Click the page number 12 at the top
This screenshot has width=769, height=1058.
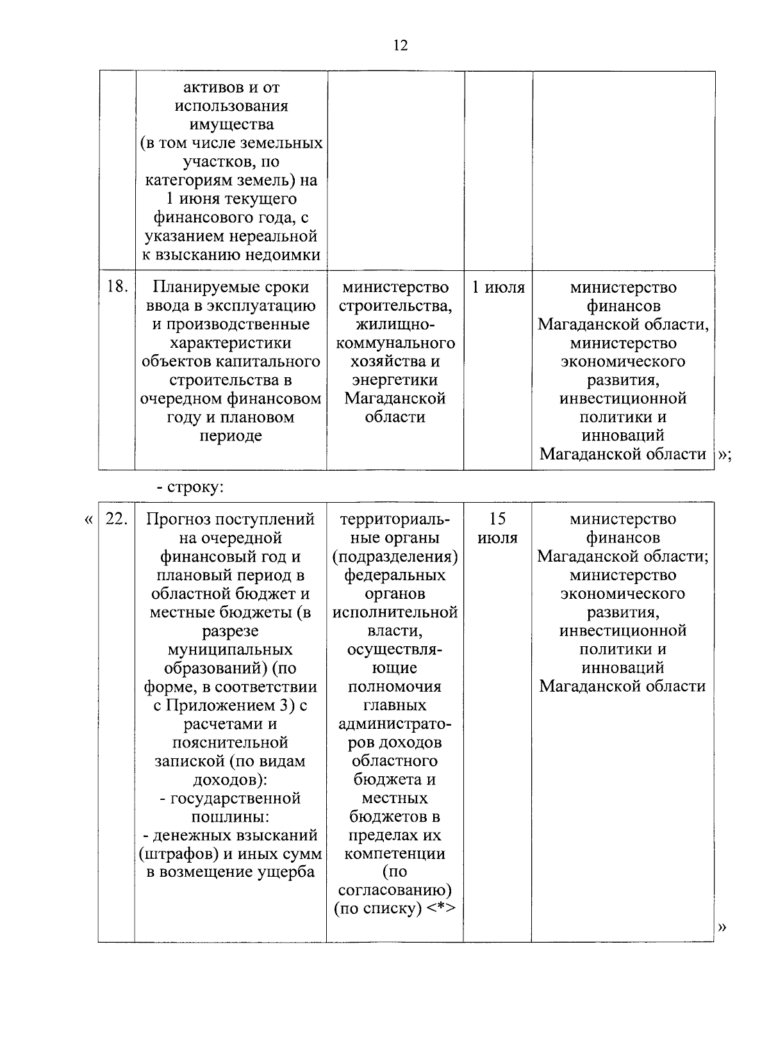tap(400, 46)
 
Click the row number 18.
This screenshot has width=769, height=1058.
tap(116, 288)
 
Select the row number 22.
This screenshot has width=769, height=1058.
tap(116, 519)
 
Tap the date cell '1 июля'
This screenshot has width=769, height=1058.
tap(498, 288)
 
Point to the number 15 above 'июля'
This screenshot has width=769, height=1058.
tap(497, 519)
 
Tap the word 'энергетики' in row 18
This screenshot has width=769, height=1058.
tap(395, 380)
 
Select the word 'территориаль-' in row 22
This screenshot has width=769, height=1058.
tap(395, 519)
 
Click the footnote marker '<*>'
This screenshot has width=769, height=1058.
tap(441, 909)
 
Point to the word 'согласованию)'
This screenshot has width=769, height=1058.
tap(395, 890)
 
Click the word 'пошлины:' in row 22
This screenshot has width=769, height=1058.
tap(230, 817)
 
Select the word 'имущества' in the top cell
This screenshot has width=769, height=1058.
tap(231, 124)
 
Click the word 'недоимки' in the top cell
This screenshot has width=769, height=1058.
tap(286, 255)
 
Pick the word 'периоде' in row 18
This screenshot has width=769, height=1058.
tap(231, 436)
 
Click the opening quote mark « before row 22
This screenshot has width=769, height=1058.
tap(88, 519)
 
